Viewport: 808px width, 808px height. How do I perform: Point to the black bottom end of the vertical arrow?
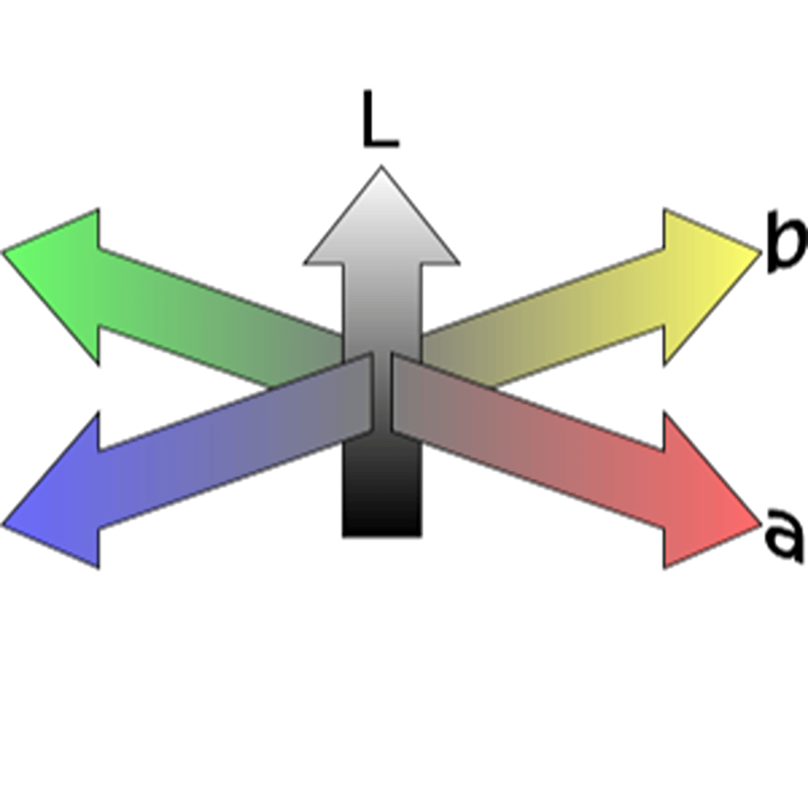click(381, 509)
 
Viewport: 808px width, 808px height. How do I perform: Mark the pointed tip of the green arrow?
click(6, 252)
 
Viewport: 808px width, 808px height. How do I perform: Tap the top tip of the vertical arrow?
click(381, 169)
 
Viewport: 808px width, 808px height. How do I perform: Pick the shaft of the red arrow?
click(533, 436)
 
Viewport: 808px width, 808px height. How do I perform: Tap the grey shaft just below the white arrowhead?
click(381, 291)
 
